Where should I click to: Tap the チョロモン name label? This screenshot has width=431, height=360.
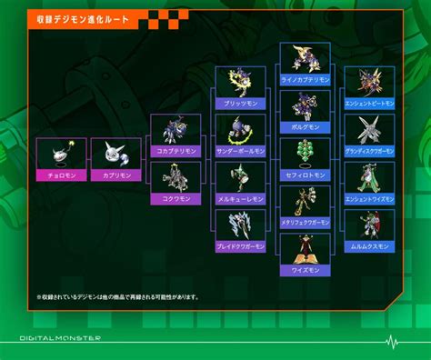(x=61, y=175)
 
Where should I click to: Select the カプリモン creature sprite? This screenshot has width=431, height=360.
(x=116, y=154)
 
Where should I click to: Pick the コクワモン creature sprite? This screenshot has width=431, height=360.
(x=175, y=175)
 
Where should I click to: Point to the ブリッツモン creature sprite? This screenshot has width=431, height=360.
(x=240, y=82)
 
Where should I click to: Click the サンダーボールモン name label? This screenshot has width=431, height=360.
(x=240, y=151)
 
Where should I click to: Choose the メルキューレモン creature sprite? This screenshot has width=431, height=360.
(x=240, y=176)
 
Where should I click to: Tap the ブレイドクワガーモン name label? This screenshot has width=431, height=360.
(x=240, y=246)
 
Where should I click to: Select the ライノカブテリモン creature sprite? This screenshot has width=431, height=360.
(x=305, y=58)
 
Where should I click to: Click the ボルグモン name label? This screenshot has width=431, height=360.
(x=305, y=127)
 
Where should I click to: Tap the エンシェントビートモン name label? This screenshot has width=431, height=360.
(x=369, y=104)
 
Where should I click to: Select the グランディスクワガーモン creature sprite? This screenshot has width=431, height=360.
(x=369, y=128)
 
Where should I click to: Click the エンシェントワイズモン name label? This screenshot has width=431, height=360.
(x=369, y=198)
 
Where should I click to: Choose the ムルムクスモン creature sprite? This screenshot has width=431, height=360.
(x=369, y=224)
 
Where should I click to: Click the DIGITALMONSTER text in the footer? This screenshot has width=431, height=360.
(x=61, y=338)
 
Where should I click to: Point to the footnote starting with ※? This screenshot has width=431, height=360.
(x=117, y=296)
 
